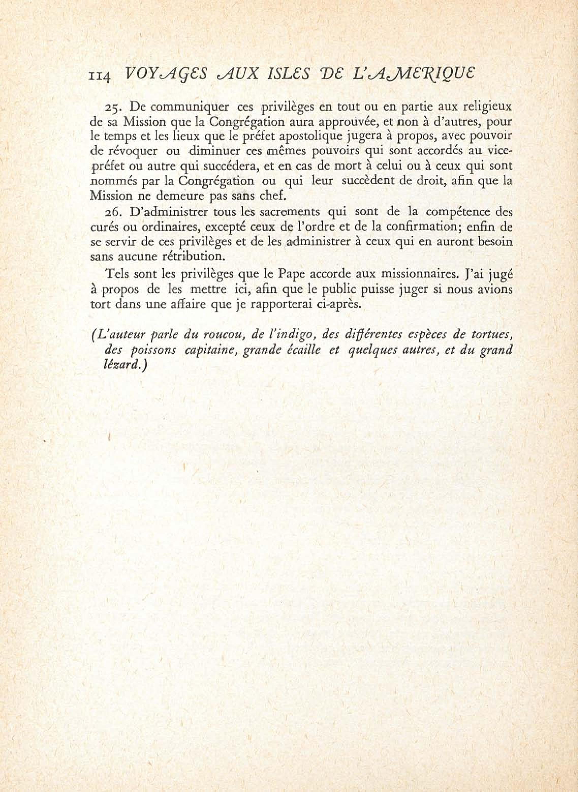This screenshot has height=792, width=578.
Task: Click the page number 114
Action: click(x=100, y=76)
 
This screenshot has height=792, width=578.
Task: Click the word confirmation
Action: click(x=421, y=227)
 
